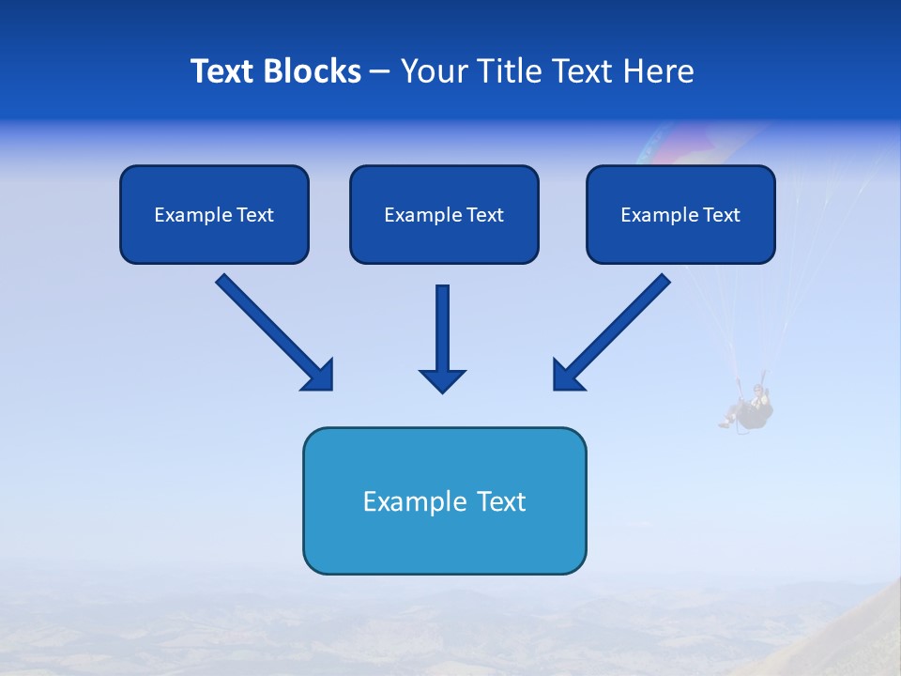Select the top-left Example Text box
tap(214, 214)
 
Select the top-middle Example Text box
tap(444, 214)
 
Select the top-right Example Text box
tap(680, 214)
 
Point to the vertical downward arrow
tap(442, 329)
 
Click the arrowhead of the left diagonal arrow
tap(319, 376)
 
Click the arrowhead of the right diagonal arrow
tap(567, 376)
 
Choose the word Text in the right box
tap(721, 215)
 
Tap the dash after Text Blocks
tap(380, 72)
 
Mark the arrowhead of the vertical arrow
tap(442, 380)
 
